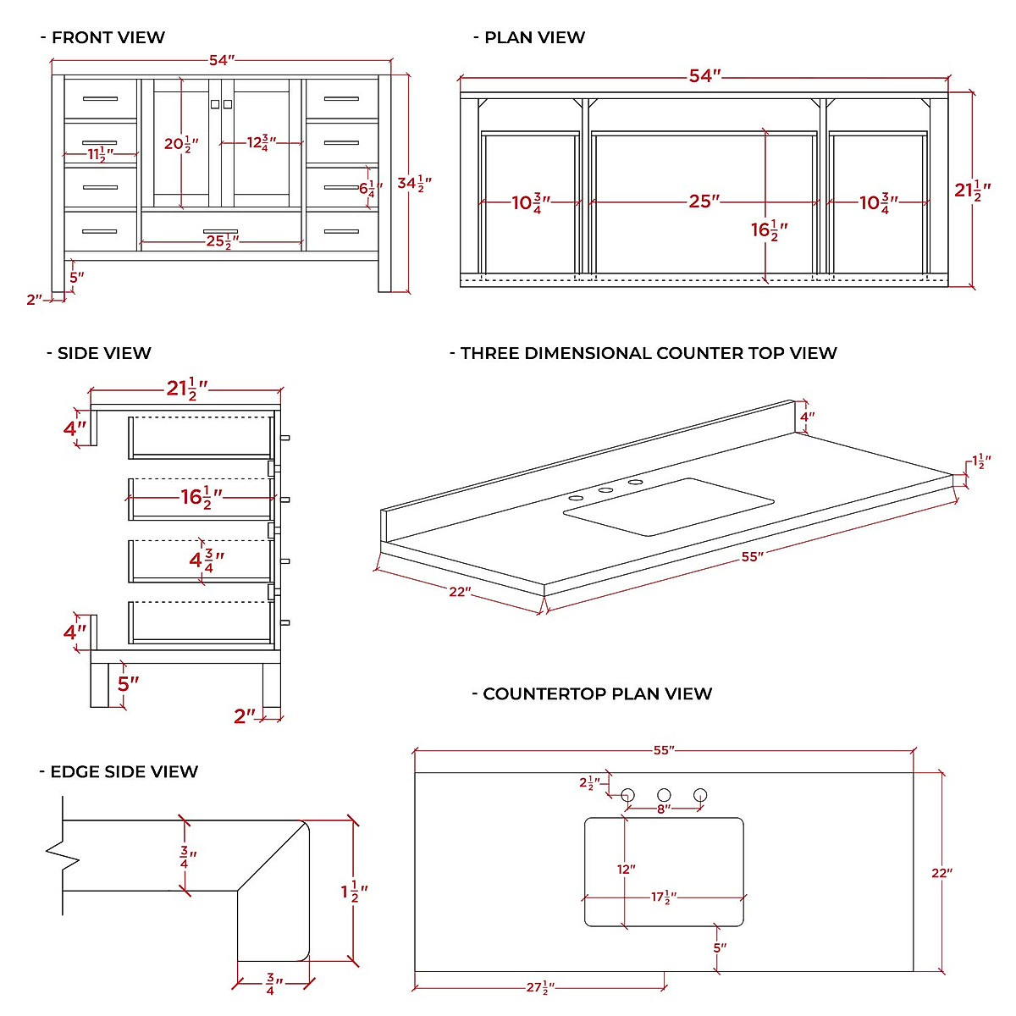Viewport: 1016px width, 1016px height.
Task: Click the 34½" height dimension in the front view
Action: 415,183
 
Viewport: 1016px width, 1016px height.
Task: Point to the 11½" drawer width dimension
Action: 100,154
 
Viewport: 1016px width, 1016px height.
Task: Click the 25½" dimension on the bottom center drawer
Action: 220,242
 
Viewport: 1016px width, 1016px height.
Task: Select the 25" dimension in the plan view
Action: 704,202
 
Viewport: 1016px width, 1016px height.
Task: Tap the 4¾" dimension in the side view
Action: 207,559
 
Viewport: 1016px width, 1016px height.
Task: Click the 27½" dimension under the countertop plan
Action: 540,987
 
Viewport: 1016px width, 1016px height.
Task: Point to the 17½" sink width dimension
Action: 664,897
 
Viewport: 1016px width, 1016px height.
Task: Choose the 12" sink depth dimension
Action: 626,870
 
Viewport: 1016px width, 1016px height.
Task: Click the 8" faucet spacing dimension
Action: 664,809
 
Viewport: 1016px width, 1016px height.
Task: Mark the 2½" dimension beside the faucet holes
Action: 590,783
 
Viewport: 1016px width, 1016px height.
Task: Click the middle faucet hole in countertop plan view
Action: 664,795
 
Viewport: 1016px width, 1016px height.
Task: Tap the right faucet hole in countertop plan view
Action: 700,795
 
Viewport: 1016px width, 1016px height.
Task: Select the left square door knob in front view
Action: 215,104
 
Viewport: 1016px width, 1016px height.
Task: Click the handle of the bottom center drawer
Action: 220,230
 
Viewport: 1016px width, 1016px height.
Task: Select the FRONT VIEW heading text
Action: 108,37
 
